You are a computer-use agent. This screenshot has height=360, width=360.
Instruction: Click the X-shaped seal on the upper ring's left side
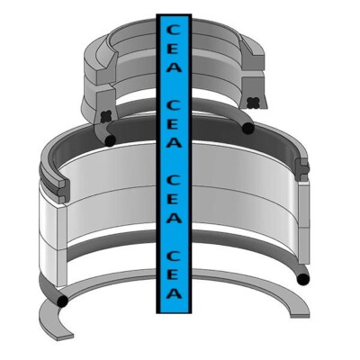click(x=107, y=114)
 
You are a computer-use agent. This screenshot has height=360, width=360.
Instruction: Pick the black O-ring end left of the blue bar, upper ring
click(x=109, y=140)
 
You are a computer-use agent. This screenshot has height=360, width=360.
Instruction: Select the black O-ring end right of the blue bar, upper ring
click(x=247, y=129)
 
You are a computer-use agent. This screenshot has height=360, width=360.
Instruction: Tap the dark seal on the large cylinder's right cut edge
click(x=303, y=168)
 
